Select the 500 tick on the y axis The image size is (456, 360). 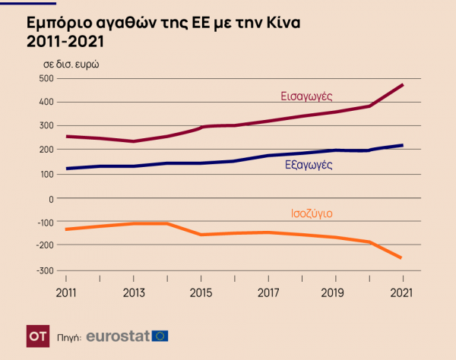coord(46,77)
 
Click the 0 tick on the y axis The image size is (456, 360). coord(50,198)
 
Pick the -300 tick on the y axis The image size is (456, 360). coord(44,270)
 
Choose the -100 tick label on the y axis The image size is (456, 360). coord(44,222)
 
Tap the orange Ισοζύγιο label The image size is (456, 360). coord(313,213)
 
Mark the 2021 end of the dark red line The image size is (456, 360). coord(402,84)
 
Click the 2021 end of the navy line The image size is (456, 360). coord(402,145)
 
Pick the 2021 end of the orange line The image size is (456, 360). coord(402,258)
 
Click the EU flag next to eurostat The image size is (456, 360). coord(160,335)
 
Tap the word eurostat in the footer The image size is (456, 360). coord(117,335)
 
